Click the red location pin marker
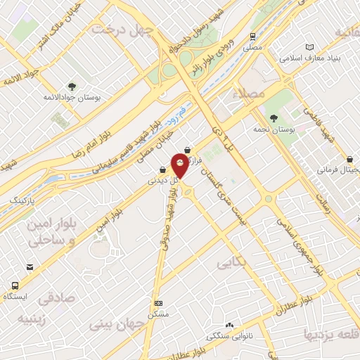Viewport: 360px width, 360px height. (x=180, y=167)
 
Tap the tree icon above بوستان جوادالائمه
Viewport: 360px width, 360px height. (x=72, y=86)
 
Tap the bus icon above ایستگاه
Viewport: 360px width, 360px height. (x=15, y=286)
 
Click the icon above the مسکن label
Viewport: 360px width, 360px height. (x=159, y=303)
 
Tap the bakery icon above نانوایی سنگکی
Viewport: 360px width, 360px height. (x=229, y=325)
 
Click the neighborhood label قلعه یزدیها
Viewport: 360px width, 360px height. (x=330, y=332)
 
